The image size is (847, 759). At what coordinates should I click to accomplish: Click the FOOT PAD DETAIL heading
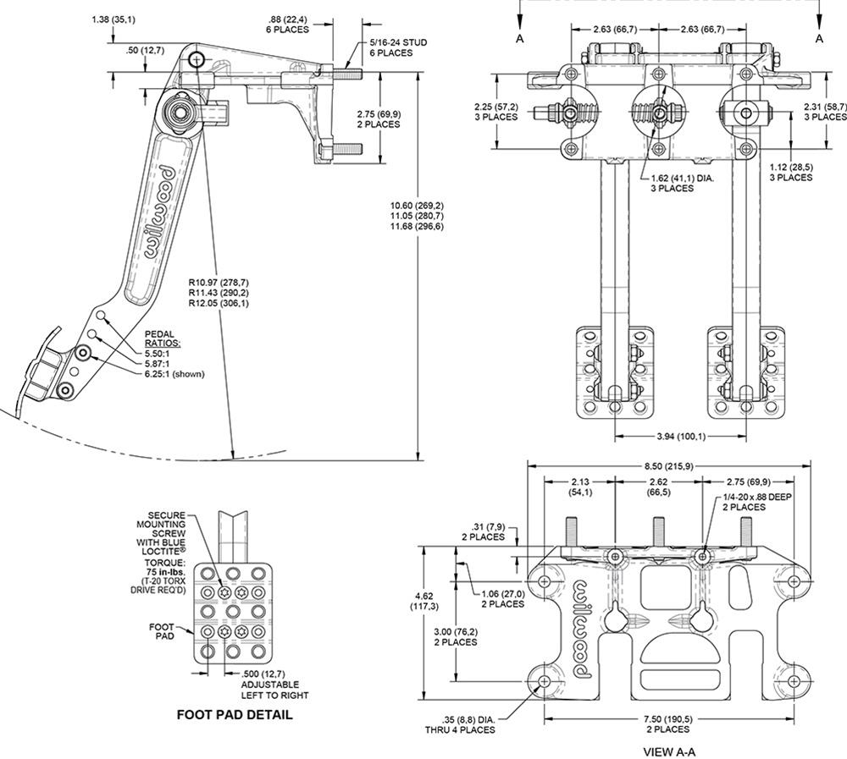tap(235, 715)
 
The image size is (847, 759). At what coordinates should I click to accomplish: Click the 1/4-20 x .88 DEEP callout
tap(756, 498)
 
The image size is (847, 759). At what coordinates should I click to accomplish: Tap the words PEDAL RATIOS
tap(163, 339)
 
